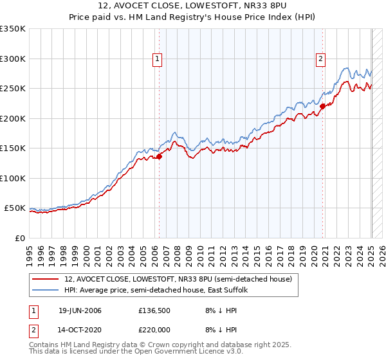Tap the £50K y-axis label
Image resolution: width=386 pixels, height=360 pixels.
pos(15,208)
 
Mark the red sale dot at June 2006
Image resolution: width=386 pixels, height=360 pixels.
pos(159,156)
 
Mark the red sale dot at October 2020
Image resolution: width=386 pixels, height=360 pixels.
pos(322,106)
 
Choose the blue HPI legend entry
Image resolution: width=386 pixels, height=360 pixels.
pos(160,291)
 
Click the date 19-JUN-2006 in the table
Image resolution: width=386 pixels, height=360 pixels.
pos(80,310)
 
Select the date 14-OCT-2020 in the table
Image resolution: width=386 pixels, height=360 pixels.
pos(80,328)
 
